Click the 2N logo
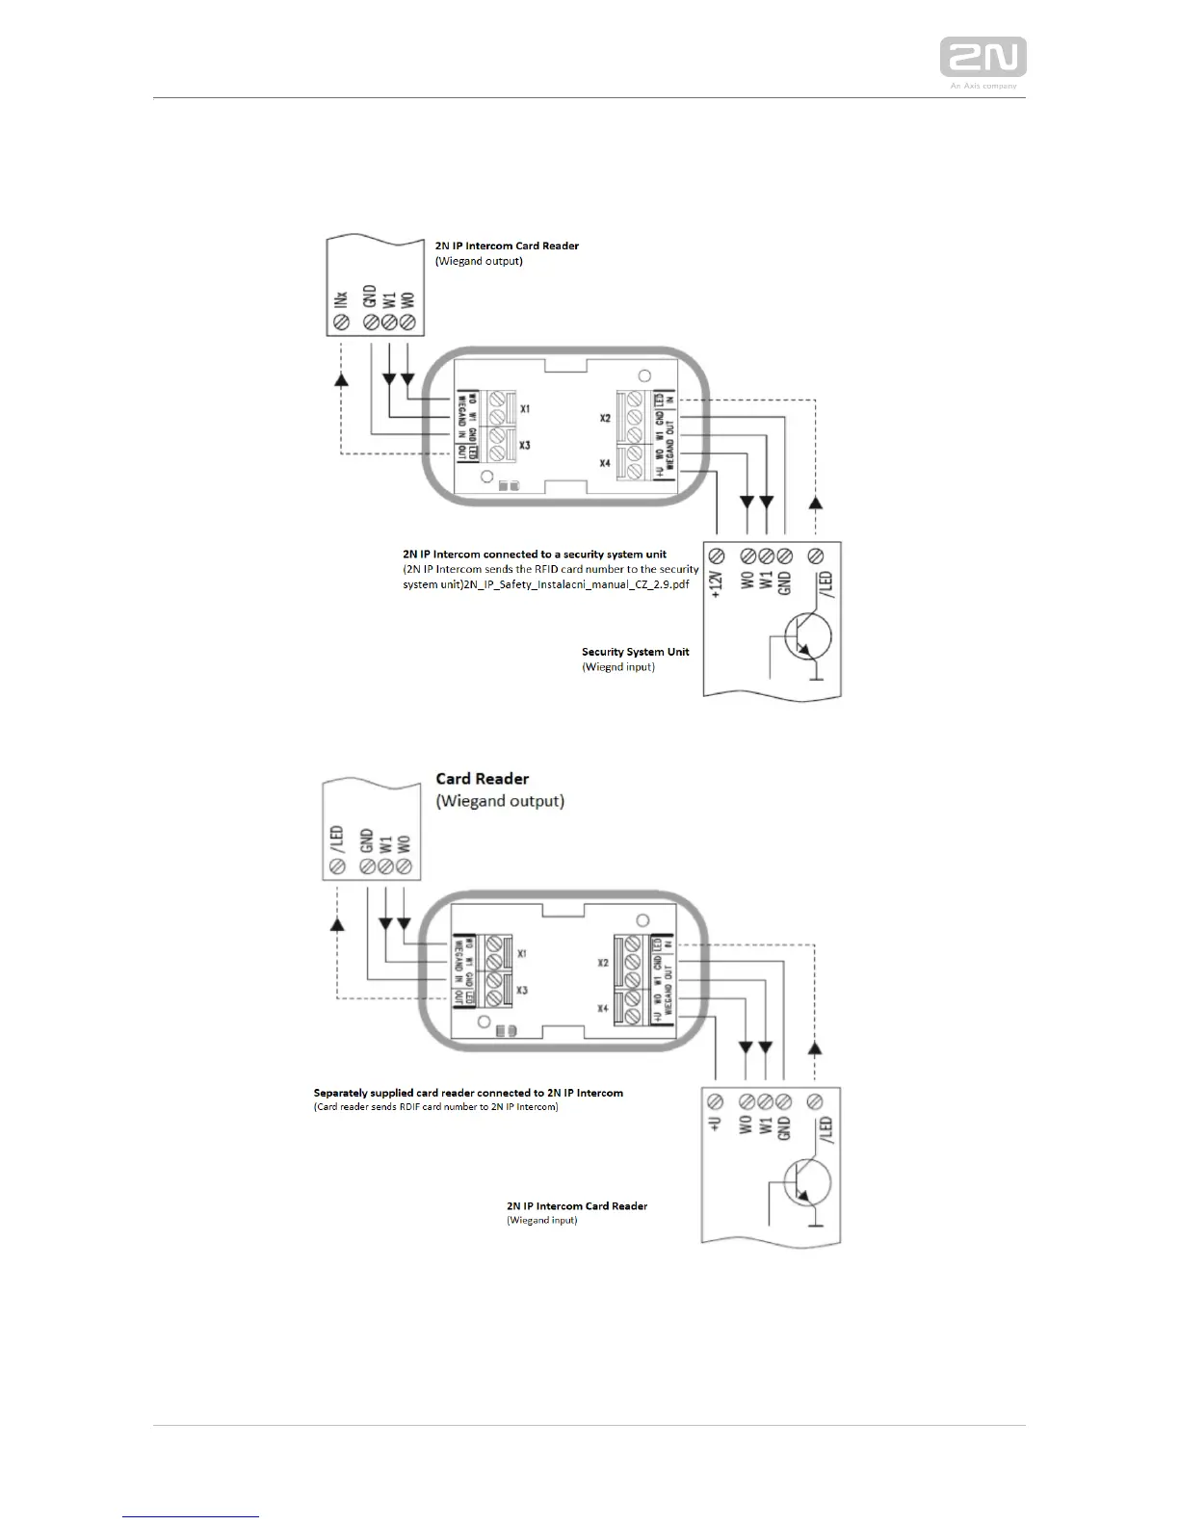pyautogui.click(x=982, y=57)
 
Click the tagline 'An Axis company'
pyautogui.click(x=983, y=86)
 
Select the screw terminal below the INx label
pyautogui.click(x=339, y=323)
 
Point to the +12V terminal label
pyautogui.click(x=717, y=583)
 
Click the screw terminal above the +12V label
pyautogui.click(x=717, y=556)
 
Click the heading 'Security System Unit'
pyautogui.click(x=635, y=652)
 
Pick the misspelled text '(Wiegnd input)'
pyautogui.click(x=618, y=666)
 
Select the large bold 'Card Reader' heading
pyautogui.click(x=482, y=779)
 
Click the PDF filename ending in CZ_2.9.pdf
pyautogui.click(x=576, y=585)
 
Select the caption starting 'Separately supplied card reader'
pyautogui.click(x=468, y=1093)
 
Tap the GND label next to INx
pyautogui.click(x=369, y=295)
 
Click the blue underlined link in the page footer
pyautogui.click(x=191, y=1516)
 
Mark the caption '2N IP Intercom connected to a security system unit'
pyautogui.click(x=535, y=555)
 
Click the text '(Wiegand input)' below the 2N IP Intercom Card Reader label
pyautogui.click(x=542, y=1220)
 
